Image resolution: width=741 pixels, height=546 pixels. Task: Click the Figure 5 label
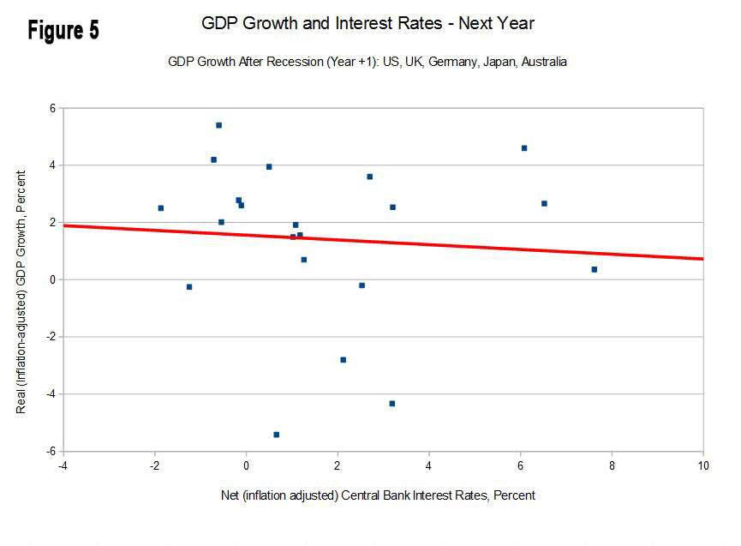click(63, 30)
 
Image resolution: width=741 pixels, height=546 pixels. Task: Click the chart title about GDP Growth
click(368, 23)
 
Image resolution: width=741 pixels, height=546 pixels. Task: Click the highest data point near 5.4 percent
click(218, 125)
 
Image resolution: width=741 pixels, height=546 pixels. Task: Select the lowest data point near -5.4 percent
click(276, 435)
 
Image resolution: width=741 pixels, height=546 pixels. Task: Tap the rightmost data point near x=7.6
click(594, 269)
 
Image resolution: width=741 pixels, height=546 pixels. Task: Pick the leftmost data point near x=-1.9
click(160, 208)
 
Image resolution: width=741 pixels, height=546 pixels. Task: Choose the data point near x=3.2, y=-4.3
click(391, 404)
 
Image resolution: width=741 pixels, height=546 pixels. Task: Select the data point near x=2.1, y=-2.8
click(343, 360)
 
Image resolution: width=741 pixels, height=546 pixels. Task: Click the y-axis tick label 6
click(51, 108)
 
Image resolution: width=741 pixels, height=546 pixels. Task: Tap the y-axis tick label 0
click(51, 279)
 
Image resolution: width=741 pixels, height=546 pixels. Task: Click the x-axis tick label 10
click(702, 466)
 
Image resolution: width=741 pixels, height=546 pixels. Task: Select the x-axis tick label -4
click(63, 466)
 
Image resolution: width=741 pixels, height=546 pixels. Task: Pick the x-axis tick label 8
click(612, 466)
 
